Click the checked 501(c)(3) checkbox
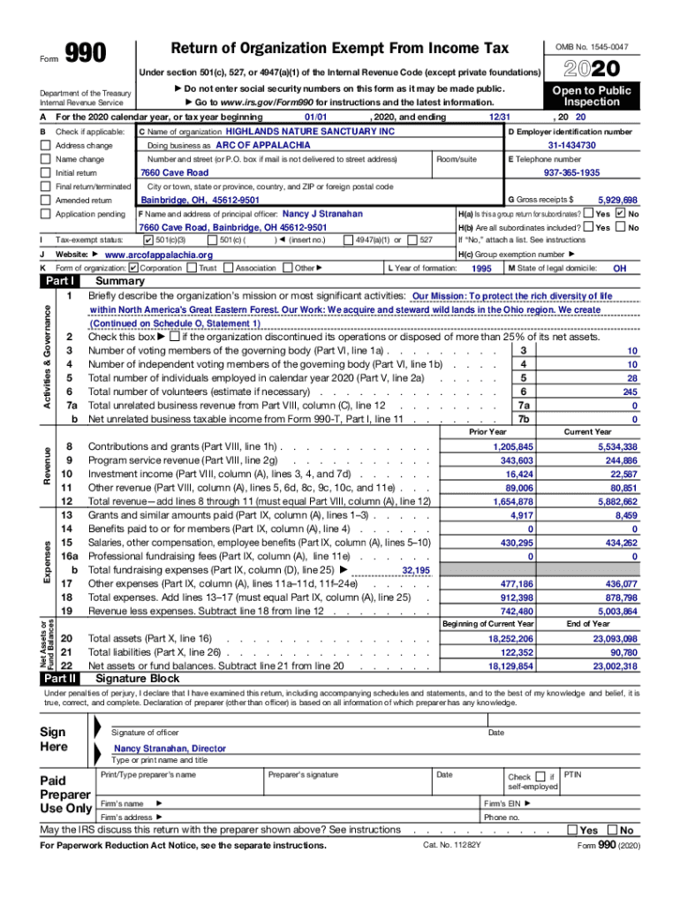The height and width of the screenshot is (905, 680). [147, 240]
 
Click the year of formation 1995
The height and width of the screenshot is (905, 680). [481, 269]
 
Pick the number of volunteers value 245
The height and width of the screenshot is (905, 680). [629, 392]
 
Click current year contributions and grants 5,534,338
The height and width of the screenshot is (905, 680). [617, 447]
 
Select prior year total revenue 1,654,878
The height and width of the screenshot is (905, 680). [512, 500]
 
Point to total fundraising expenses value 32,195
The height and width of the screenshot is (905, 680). [416, 571]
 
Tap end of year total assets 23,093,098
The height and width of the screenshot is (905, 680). [616, 638]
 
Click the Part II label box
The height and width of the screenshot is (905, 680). [61, 679]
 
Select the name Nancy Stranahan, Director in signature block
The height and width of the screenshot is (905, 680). [170, 749]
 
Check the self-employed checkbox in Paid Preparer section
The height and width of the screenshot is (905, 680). [540, 776]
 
